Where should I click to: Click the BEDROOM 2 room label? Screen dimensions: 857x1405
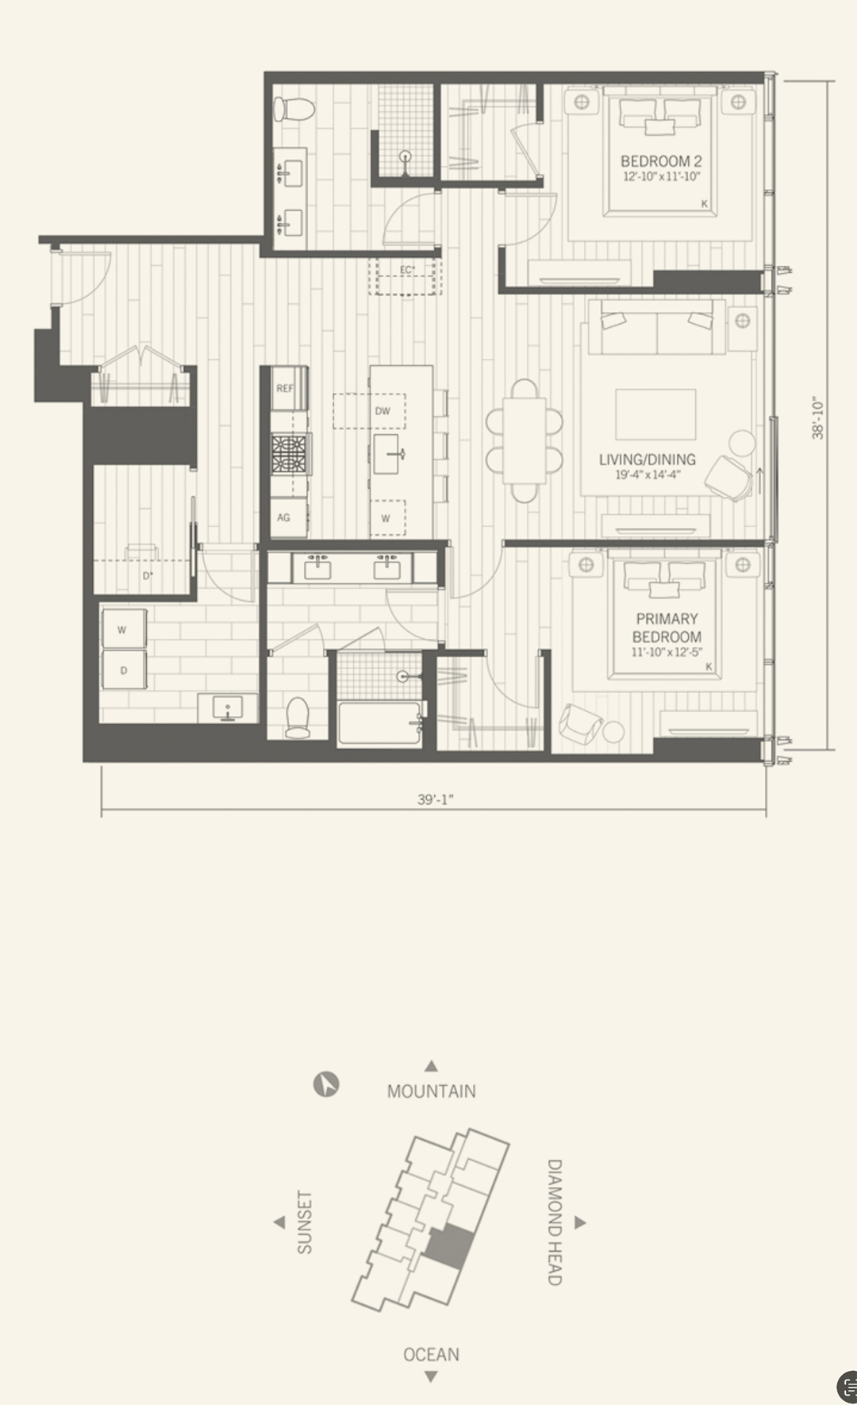(661, 161)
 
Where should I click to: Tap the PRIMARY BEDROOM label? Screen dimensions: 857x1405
(667, 627)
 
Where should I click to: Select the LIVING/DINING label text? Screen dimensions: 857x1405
(648, 460)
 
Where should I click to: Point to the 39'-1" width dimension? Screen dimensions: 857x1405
(436, 799)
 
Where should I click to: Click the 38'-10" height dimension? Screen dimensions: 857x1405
(818, 418)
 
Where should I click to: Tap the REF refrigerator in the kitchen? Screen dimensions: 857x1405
(285, 388)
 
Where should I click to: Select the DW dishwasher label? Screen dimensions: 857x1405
(383, 411)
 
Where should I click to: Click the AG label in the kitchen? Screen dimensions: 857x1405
(283, 518)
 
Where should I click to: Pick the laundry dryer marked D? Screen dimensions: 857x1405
(124, 671)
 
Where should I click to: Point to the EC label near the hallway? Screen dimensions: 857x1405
(406, 270)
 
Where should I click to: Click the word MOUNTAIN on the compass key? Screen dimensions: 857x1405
(432, 1091)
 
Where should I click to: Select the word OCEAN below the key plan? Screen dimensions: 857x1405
(431, 1354)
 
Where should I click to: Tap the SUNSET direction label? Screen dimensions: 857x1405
(305, 1222)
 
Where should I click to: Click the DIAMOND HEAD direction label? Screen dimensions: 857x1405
(555, 1222)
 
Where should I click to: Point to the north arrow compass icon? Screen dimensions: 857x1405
(326, 1084)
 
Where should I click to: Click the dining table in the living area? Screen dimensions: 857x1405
(525, 441)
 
